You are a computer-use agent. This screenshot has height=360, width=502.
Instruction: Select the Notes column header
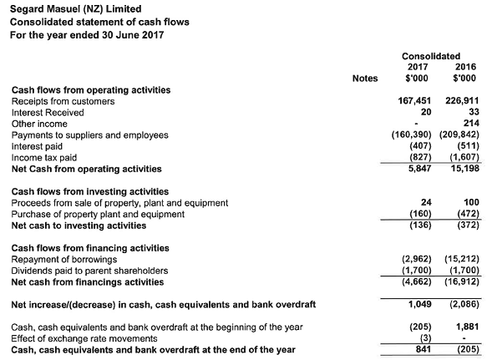[x=365, y=79]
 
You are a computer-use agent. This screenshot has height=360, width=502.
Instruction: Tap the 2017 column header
[x=418, y=67]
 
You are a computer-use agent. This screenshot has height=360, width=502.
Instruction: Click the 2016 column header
[x=466, y=67]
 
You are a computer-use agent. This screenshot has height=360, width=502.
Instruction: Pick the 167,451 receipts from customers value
[x=414, y=101]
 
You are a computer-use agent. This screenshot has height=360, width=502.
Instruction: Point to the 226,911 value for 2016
[x=462, y=101]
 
